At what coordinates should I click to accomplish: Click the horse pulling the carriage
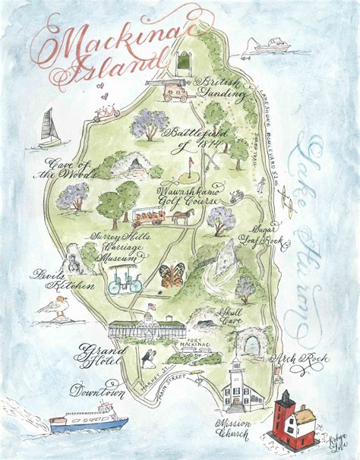(183, 215)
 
